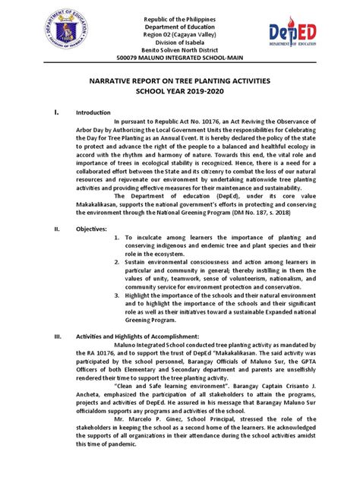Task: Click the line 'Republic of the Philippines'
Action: (180, 15)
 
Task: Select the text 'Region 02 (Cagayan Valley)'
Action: (180, 36)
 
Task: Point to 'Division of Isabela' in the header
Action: (180, 46)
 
